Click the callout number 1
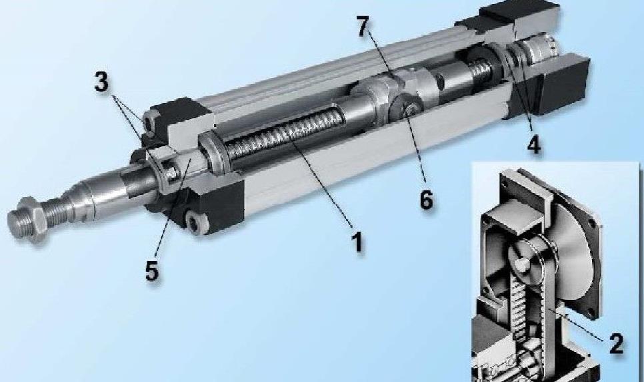pos(357,241)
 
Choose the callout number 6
pos(426,199)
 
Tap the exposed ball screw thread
pos(283,132)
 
